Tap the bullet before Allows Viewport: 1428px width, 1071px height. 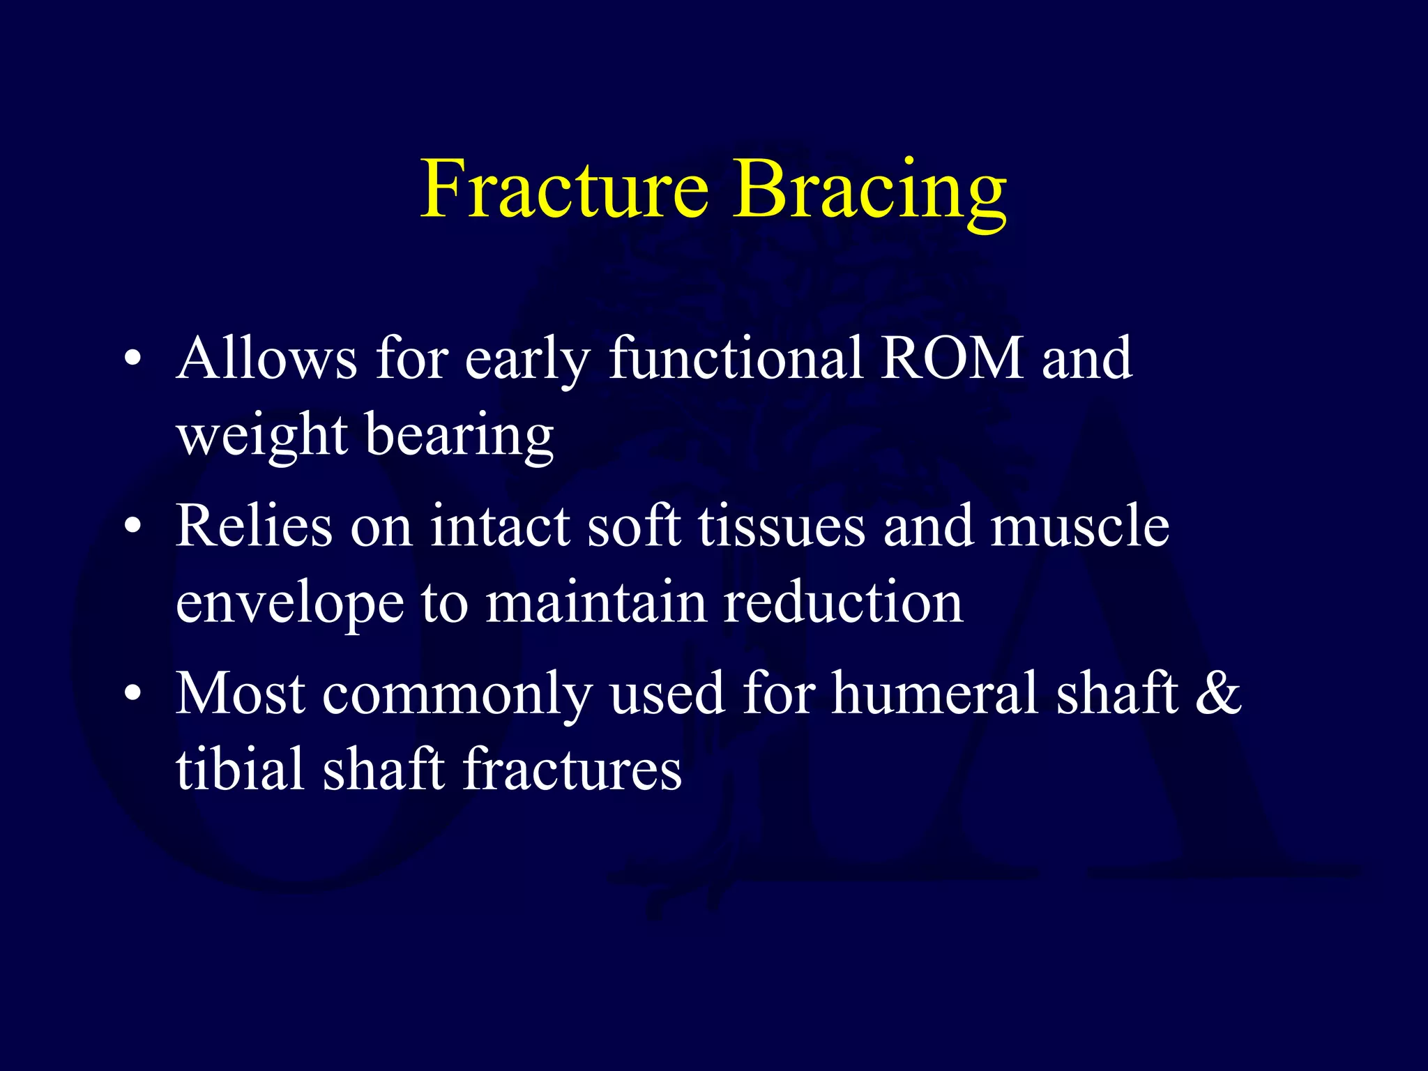tap(133, 360)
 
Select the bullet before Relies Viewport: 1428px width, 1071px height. tap(133, 528)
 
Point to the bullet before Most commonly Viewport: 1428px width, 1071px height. tap(133, 695)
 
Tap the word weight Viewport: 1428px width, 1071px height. tap(262, 436)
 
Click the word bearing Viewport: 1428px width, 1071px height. tap(459, 436)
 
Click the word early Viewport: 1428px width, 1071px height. tap(527, 360)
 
